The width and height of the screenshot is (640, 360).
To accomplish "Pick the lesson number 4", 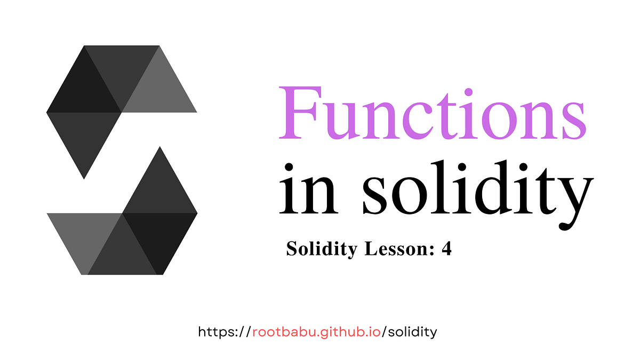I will click(x=446, y=249).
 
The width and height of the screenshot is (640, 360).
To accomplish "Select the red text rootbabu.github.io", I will click(x=316, y=332).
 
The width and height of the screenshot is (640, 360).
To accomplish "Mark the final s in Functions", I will click(x=573, y=120).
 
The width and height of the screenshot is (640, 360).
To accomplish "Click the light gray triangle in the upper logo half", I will click(x=159, y=85).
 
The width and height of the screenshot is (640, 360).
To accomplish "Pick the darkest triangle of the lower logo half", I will click(x=159, y=237).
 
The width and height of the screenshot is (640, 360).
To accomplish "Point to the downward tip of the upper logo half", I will click(x=84, y=176).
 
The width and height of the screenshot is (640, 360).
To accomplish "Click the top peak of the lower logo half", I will click(x=159, y=149).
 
